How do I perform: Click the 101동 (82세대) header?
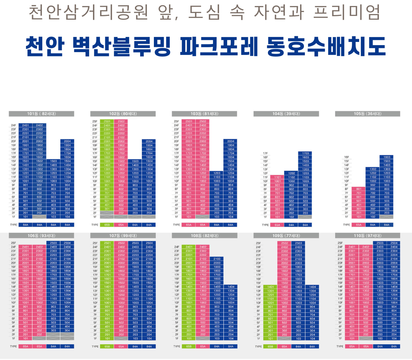click(x=42, y=114)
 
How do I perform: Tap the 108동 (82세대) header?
click(x=205, y=235)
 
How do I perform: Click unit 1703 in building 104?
click(x=305, y=153)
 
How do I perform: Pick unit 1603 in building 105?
click(x=387, y=157)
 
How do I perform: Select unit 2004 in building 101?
click(x=67, y=141)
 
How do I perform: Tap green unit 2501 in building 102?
click(x=107, y=121)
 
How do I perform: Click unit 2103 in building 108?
click(x=217, y=259)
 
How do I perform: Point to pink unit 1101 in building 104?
click(x=277, y=177)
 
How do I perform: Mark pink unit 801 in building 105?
click(x=358, y=189)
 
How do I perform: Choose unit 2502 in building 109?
click(x=284, y=243)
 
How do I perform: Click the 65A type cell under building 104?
click(x=277, y=225)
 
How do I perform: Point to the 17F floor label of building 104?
click(x=266, y=153)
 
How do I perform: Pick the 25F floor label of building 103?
click(x=176, y=121)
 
